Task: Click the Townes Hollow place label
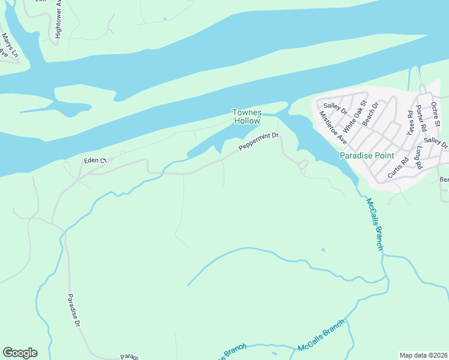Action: click(247, 116)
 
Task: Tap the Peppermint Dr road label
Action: click(259, 142)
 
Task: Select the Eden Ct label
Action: click(95, 161)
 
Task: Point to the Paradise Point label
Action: click(367, 155)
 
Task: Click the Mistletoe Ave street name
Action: click(333, 127)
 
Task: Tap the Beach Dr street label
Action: click(370, 113)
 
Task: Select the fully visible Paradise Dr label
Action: click(74, 310)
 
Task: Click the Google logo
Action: click(20, 353)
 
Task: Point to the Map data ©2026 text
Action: click(423, 355)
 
